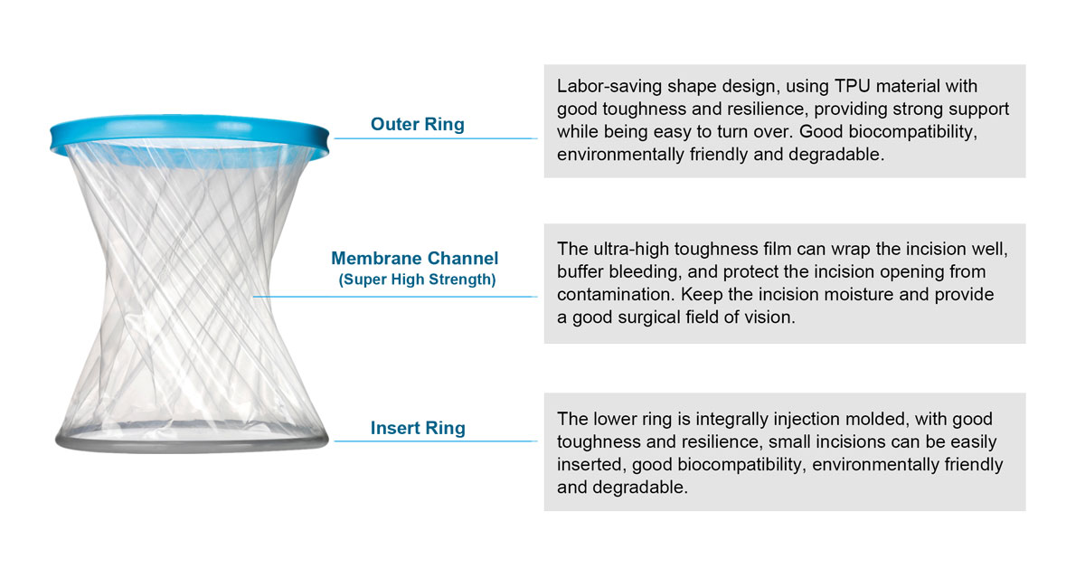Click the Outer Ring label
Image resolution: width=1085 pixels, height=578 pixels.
pos(418,125)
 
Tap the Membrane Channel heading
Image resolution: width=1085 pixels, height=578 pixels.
pos(415,258)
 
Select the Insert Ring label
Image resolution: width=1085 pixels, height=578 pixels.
pos(418,428)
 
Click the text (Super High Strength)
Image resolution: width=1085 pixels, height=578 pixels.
pos(417,280)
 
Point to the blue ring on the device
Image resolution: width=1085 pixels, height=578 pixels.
pos(189,130)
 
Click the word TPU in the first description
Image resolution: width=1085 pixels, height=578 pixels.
pos(853,86)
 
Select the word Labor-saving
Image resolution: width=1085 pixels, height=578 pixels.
pos(609,86)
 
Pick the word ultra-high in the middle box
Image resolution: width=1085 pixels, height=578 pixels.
pos(631,249)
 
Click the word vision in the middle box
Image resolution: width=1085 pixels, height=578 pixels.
pos(769,317)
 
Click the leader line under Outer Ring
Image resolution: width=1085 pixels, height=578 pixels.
pos(436,138)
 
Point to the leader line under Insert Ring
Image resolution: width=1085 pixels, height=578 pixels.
pos(436,441)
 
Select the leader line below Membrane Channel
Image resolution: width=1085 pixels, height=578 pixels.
pos(395,297)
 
